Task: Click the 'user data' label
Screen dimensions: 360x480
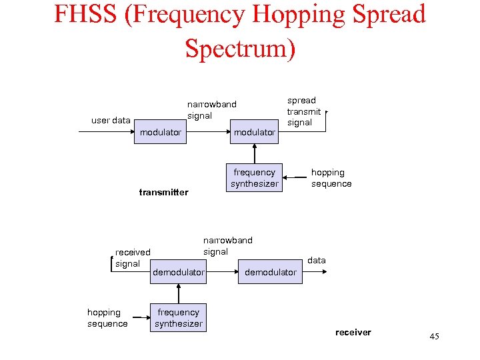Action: coord(111,121)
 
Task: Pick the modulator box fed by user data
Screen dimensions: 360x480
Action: coord(160,132)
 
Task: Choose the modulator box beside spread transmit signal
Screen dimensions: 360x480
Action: coord(254,132)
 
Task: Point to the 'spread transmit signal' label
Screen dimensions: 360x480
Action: coord(303,111)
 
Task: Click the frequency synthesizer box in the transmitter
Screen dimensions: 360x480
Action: coord(254,178)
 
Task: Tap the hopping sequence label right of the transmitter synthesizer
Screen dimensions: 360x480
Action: coord(331,178)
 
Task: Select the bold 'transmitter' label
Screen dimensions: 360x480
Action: coord(163,193)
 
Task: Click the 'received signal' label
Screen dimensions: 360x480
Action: coord(132,258)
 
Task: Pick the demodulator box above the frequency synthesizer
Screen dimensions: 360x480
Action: coord(178,272)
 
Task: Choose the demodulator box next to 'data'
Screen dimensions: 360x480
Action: coord(271,272)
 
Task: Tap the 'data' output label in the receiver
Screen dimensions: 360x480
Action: coord(317,260)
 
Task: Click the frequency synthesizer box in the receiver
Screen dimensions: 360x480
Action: coord(178,318)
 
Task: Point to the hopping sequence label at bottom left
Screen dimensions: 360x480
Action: coord(107,318)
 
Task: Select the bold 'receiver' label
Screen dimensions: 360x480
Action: coord(353,332)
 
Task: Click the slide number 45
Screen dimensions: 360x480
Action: coord(434,337)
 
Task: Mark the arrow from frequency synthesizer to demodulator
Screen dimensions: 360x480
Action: coord(178,293)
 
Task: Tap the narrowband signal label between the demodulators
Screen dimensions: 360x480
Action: coord(227,246)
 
